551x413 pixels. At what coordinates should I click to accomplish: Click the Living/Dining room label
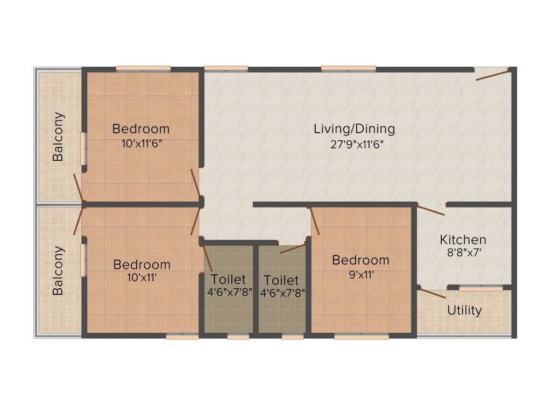pyautogui.click(x=354, y=129)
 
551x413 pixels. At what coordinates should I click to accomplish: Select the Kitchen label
pyautogui.click(x=463, y=240)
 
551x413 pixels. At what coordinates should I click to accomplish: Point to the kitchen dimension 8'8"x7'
pyautogui.click(x=463, y=253)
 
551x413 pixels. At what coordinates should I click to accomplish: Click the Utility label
pyautogui.click(x=464, y=311)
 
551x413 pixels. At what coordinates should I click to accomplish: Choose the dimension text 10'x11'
pyautogui.click(x=142, y=278)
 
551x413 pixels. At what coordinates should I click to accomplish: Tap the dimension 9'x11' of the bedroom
pyautogui.click(x=361, y=274)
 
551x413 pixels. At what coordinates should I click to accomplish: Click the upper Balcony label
pyautogui.click(x=58, y=137)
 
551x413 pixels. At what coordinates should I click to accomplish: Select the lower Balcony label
pyautogui.click(x=58, y=270)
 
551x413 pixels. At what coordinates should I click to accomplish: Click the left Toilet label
pyautogui.click(x=228, y=280)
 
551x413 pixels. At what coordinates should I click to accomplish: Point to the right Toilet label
pyautogui.click(x=281, y=280)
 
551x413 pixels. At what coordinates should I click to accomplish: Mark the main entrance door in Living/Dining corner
pyautogui.click(x=492, y=74)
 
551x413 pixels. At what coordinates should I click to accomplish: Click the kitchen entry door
pyautogui.click(x=430, y=210)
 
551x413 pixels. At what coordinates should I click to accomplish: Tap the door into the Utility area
pyautogui.click(x=432, y=294)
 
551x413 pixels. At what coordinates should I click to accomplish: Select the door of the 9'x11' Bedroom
pyautogui.click(x=315, y=221)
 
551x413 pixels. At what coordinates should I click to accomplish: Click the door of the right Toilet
pyautogui.click(x=292, y=248)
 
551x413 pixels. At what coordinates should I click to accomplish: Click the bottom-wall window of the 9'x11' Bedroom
pyautogui.click(x=361, y=337)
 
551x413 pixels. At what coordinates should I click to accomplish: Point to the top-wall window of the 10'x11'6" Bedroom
pyautogui.click(x=143, y=68)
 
